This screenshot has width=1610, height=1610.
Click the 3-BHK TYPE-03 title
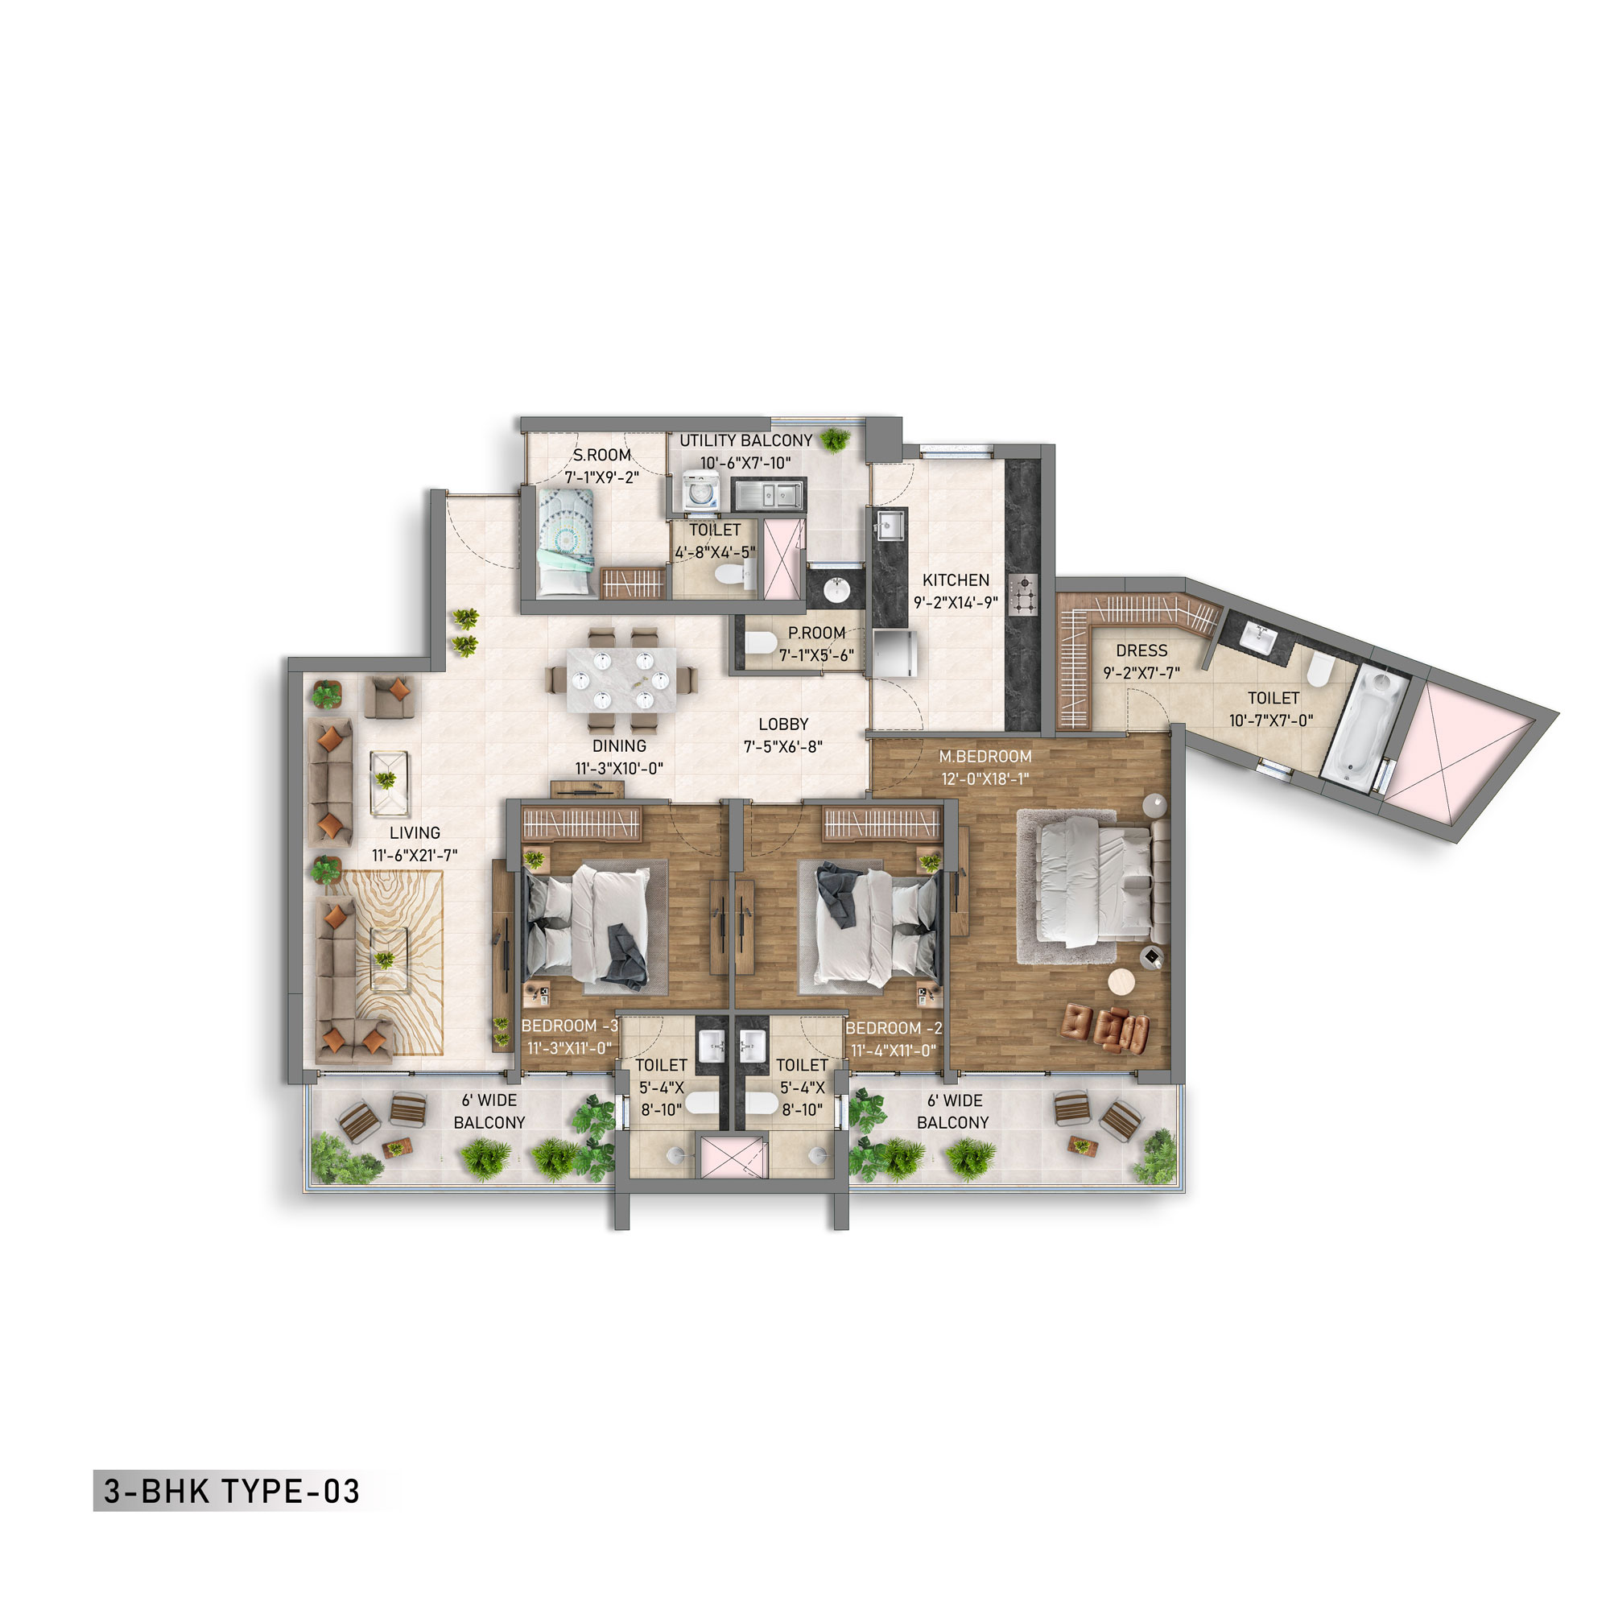point(232,1491)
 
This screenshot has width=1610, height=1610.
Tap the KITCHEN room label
point(956,580)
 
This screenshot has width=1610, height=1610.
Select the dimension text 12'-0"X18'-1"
point(985,779)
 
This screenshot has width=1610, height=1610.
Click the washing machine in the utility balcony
point(701,492)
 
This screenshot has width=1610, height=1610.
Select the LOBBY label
point(783,725)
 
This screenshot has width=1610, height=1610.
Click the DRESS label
point(1141,650)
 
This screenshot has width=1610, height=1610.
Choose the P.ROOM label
point(816,634)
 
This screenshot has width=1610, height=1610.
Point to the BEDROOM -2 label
point(894,1028)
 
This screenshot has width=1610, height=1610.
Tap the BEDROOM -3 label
point(570,1026)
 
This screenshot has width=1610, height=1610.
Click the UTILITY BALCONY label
point(746,441)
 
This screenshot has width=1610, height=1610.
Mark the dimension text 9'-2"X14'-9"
point(956,602)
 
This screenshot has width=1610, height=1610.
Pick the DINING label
point(619,746)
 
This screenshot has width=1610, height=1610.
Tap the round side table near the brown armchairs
point(1122,981)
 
